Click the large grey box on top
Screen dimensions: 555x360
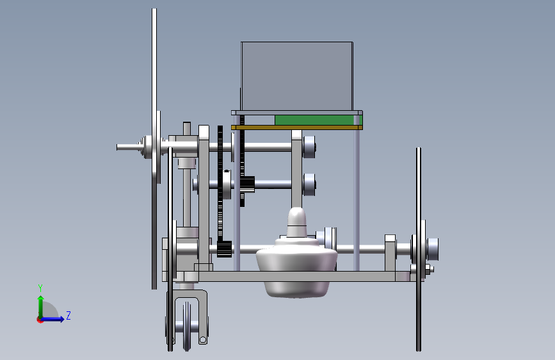pos(297,76)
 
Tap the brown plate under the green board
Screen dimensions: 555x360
pos(296,127)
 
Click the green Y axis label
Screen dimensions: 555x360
pos(40,288)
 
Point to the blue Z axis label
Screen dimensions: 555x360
pos(68,315)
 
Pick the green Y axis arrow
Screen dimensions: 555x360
pos(41,307)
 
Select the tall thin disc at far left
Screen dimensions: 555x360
pos(154,149)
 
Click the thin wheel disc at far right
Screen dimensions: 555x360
pos(419,249)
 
